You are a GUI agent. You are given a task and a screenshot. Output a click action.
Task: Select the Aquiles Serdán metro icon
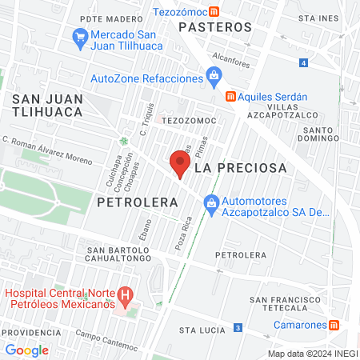[x=230, y=96]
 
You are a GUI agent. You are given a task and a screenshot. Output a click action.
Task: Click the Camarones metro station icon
[x=335, y=325]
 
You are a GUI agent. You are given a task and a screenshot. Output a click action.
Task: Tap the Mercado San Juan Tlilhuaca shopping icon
[x=80, y=36]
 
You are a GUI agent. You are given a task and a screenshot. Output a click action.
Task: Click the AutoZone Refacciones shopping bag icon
[x=213, y=78]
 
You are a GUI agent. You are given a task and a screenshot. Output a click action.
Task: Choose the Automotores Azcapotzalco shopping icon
[x=211, y=204]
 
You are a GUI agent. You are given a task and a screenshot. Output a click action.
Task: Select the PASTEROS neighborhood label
[x=215, y=27]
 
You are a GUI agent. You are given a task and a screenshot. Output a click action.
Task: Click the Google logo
[x=26, y=350]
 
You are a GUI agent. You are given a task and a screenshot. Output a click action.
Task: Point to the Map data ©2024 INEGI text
[x=311, y=354]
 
